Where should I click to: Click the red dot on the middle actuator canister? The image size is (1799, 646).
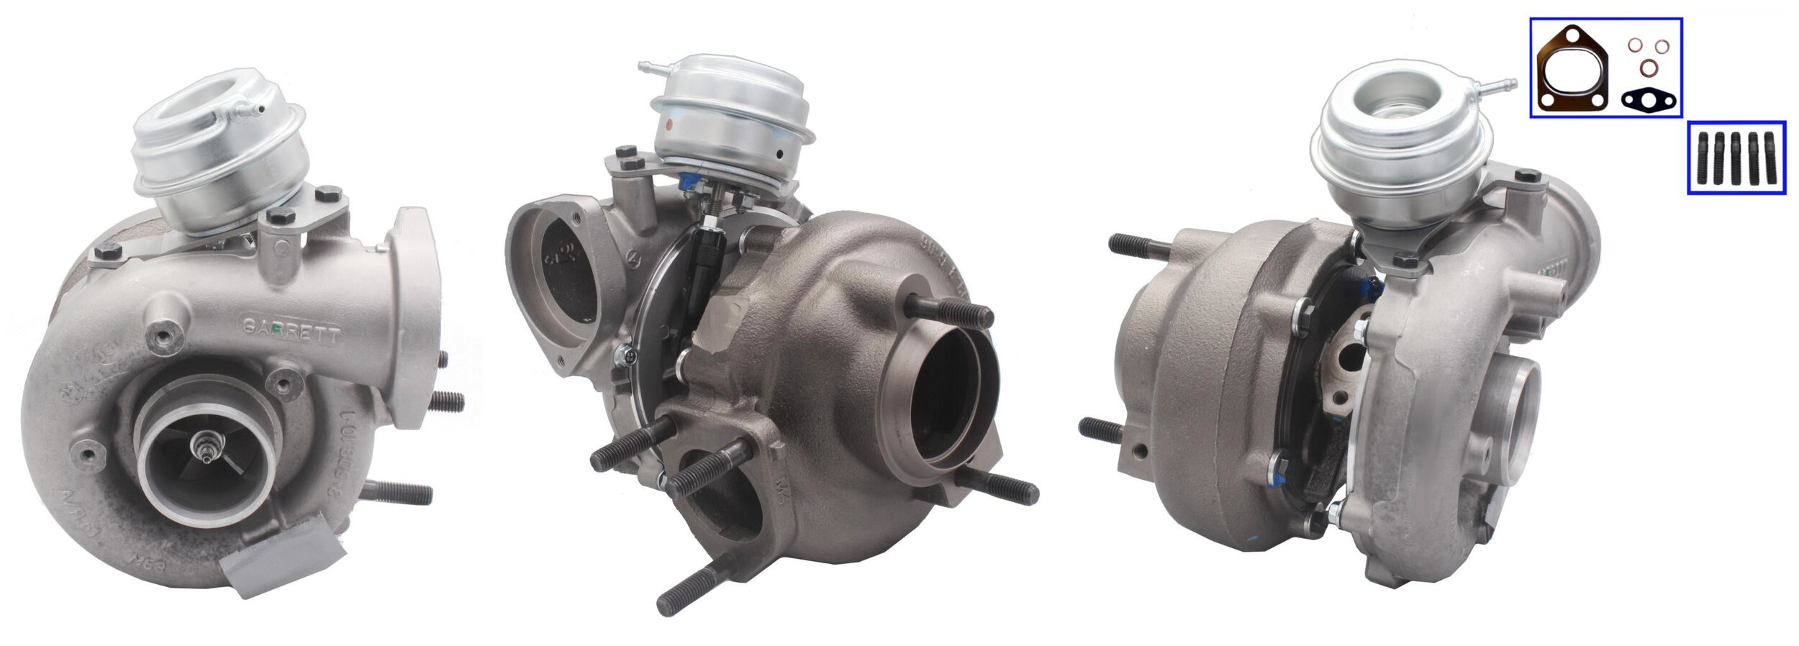pyautogui.click(x=671, y=124)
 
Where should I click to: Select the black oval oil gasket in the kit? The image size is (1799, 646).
pyautogui.click(x=1648, y=100)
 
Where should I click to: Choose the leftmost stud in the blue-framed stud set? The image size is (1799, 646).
pyautogui.click(x=1703, y=158)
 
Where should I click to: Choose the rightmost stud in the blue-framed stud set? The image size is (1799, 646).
pyautogui.click(x=1770, y=158)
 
